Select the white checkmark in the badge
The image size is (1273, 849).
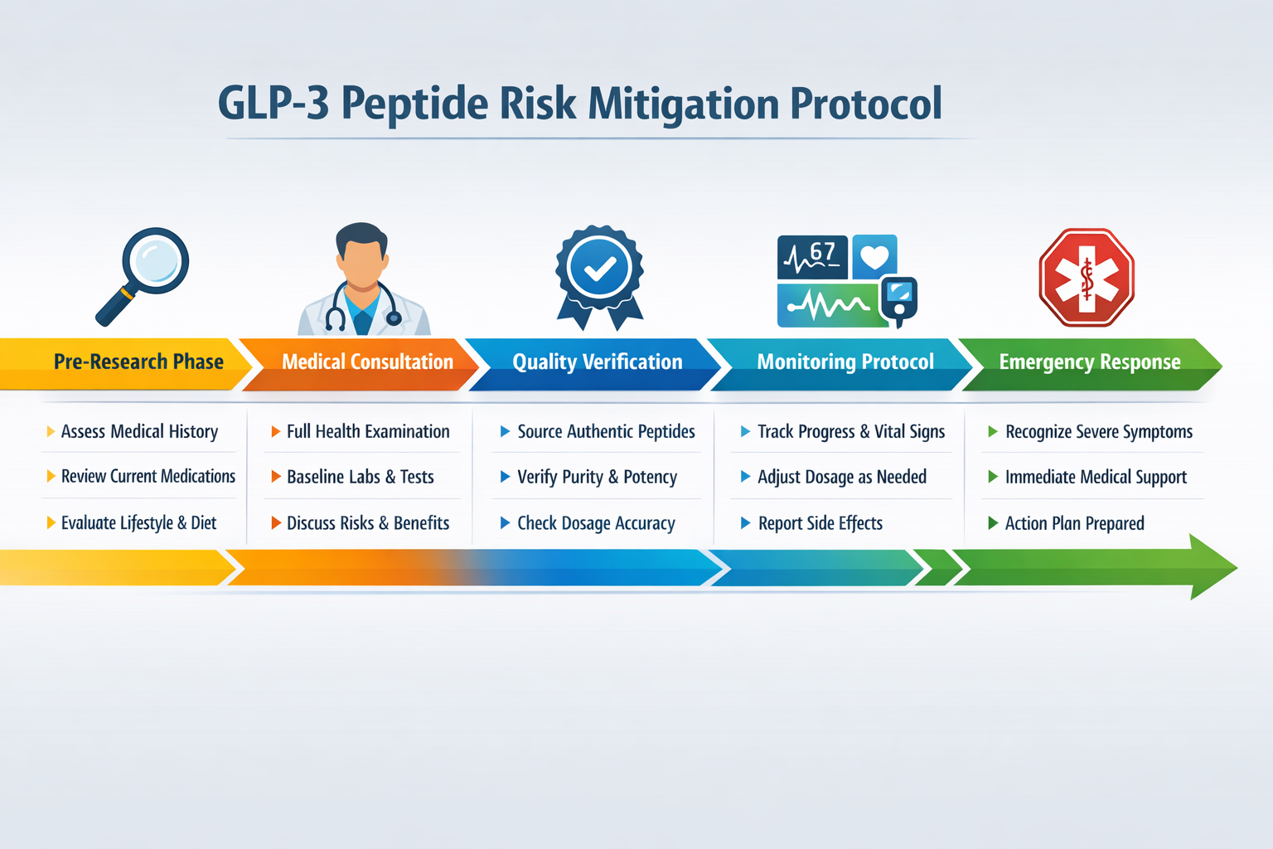tap(600, 269)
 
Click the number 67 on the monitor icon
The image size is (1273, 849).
tap(822, 251)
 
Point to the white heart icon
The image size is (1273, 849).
tap(874, 258)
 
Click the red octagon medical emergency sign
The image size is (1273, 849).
tap(1087, 278)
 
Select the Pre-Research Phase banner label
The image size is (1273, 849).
tap(138, 362)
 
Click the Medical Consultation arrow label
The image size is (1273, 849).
tap(367, 362)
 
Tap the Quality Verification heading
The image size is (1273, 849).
tap(597, 362)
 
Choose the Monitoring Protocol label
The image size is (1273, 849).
tap(845, 362)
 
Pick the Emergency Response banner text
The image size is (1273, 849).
tap(1089, 362)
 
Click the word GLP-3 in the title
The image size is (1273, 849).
tap(273, 104)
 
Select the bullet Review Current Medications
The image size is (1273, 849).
tap(148, 477)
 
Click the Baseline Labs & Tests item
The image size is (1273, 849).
tap(360, 477)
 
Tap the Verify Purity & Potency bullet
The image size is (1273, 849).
tap(597, 477)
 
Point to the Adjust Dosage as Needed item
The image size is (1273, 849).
tap(841, 477)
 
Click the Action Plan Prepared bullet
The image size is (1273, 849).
tap(1074, 523)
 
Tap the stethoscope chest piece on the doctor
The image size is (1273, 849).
tap(394, 318)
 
